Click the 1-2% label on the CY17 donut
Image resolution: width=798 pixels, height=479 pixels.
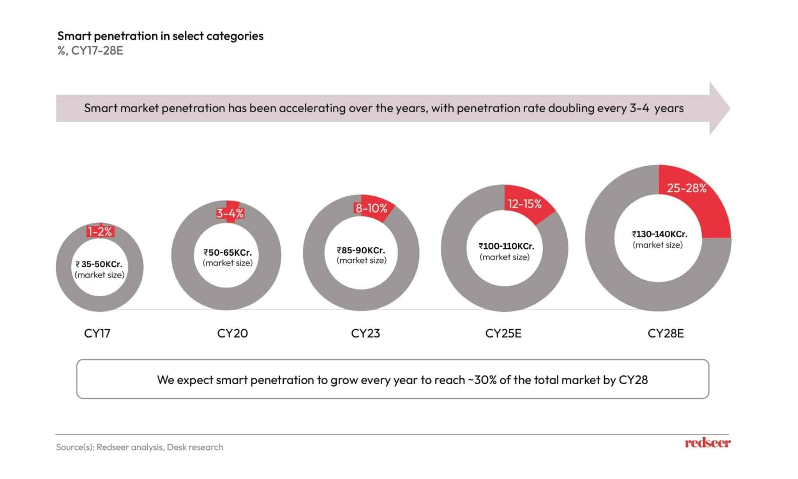(100, 232)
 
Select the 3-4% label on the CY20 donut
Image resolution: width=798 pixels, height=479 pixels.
(230, 214)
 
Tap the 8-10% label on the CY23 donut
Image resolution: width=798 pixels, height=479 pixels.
(371, 209)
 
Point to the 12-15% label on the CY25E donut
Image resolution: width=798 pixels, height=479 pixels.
(524, 204)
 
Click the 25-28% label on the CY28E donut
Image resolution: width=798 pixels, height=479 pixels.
(687, 188)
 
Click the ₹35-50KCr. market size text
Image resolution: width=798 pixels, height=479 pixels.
(99, 265)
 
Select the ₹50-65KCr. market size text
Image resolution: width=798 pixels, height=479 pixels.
(228, 253)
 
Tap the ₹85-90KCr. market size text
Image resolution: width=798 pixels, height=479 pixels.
(361, 250)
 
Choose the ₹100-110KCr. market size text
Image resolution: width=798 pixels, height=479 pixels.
(506, 246)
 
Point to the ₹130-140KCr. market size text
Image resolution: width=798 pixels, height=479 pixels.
(659, 234)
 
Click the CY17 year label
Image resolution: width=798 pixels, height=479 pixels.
(97, 334)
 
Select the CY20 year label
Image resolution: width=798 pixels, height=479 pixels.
(232, 334)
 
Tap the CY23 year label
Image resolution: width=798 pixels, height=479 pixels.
(365, 334)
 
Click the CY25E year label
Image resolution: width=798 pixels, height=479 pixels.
(503, 334)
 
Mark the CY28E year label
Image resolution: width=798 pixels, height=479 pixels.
(666, 334)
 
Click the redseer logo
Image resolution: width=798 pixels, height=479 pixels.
(708, 443)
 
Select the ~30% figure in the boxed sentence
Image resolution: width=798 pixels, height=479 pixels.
(482, 380)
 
